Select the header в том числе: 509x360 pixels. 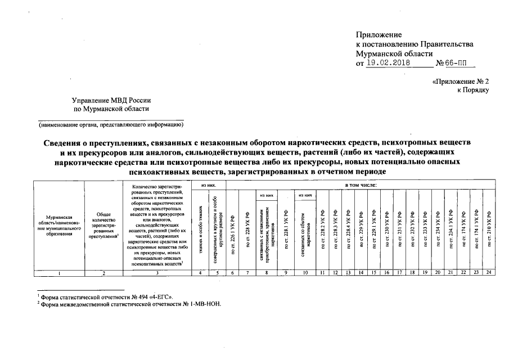pos(360,184)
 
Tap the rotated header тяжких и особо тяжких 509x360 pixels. pos(200,228)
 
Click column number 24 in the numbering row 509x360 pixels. pos(489,273)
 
